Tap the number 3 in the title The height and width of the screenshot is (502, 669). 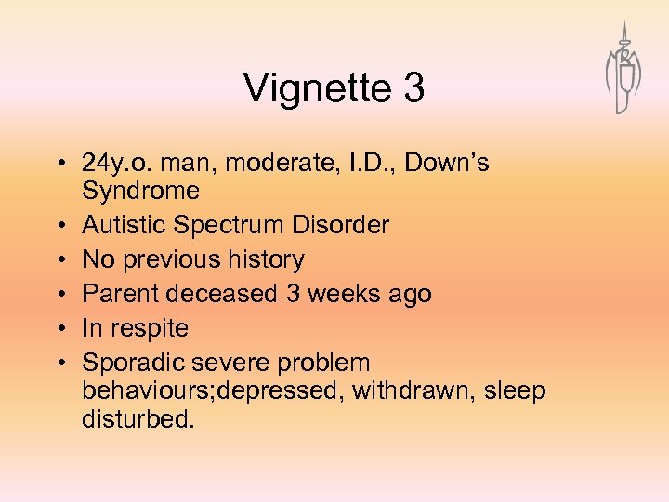pyautogui.click(x=413, y=89)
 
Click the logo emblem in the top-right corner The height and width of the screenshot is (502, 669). pyautogui.click(x=623, y=70)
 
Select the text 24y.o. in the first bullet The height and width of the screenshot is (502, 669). pyautogui.click(x=118, y=164)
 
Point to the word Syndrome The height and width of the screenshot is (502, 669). pyautogui.click(x=141, y=192)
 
